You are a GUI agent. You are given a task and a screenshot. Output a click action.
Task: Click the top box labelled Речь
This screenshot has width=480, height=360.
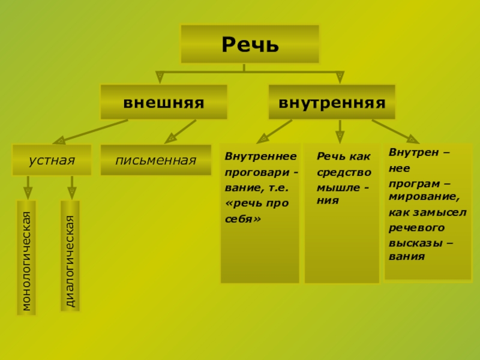pos(250,44)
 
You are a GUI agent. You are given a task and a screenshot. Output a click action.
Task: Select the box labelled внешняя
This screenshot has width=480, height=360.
pos(163,102)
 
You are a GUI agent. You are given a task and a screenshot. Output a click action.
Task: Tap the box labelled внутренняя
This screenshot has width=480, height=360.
pos(331,102)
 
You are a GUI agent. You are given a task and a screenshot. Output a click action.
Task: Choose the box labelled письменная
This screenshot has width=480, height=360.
pos(156,160)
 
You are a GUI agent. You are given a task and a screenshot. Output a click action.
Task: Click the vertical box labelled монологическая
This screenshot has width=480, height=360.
pos(26,258)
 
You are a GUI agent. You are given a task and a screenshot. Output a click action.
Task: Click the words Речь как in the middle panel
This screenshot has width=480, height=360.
pos(344,157)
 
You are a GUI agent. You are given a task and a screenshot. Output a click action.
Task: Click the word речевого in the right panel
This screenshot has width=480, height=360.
pos(416,227)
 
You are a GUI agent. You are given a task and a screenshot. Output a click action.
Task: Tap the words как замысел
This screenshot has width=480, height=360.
pos(427,212)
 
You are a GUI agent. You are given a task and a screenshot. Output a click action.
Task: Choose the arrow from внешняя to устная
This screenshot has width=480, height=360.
pos(90,132)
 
